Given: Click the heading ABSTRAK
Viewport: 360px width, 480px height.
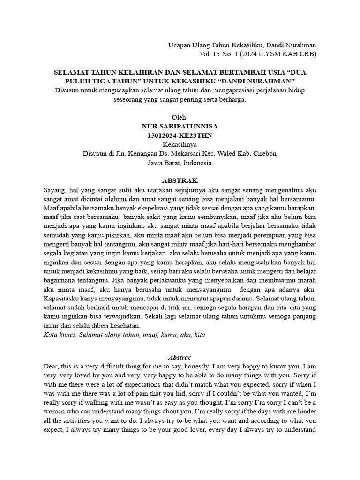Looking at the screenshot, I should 180,180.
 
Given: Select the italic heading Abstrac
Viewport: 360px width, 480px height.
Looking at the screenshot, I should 180,357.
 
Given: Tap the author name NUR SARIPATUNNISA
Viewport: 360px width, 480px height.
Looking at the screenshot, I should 180,127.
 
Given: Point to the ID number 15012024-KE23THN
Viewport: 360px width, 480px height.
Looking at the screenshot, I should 180,135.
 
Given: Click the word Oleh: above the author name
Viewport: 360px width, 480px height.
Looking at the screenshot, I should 180,117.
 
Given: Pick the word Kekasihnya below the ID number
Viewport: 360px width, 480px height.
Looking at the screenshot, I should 180,144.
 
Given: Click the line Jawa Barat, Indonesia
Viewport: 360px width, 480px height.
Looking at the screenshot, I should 180,163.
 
